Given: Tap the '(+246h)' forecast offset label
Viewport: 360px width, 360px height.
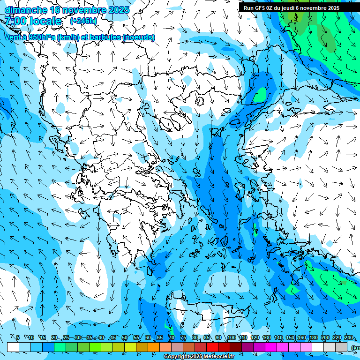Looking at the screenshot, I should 83,21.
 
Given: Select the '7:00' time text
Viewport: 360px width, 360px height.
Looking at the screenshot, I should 15,21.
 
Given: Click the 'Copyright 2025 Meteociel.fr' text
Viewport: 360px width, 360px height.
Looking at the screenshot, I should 199,357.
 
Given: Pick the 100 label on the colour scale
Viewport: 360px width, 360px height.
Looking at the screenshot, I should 231,337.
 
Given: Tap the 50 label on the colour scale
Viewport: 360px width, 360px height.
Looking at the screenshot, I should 125,337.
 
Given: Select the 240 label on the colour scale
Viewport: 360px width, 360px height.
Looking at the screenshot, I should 349,337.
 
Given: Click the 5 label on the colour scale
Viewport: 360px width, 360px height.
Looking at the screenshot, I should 18,337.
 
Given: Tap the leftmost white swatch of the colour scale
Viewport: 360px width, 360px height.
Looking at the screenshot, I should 13,347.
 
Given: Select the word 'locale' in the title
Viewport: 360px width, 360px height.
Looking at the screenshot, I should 45,21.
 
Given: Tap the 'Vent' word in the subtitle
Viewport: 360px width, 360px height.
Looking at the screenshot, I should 13,37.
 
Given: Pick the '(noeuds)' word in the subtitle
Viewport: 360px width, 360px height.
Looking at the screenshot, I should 138,37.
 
